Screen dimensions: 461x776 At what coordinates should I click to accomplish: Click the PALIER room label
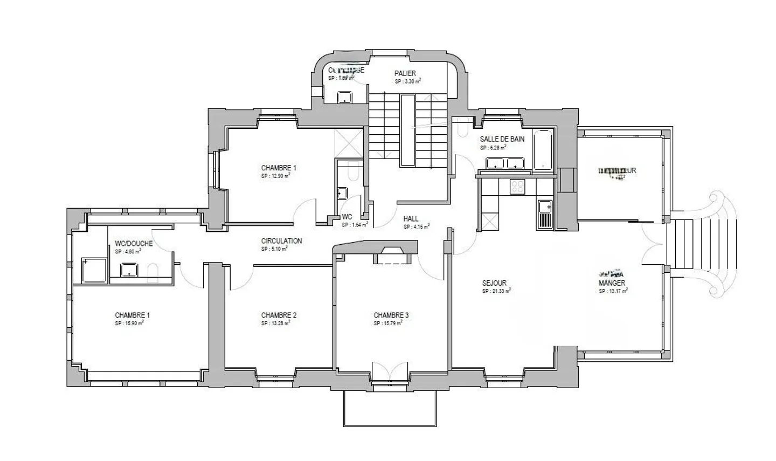405,73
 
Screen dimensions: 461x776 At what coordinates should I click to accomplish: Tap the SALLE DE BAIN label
502,139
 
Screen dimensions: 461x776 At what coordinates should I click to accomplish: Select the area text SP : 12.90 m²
276,175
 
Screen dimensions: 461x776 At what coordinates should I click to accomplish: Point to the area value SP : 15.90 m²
129,324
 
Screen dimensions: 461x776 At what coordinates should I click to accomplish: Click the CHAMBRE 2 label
279,315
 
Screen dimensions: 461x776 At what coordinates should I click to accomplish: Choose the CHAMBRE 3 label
391,315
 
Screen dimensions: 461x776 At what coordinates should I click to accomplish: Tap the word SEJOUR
494,283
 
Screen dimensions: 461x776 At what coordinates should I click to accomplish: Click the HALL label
411,219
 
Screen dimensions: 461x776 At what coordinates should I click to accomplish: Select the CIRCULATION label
281,241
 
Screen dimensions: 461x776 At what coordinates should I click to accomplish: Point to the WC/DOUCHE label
134,244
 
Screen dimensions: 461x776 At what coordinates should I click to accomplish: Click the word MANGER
612,283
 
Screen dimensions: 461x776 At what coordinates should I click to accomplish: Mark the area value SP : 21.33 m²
496,291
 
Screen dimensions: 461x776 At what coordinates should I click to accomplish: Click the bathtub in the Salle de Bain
543,150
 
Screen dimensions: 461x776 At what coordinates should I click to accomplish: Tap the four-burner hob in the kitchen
517,187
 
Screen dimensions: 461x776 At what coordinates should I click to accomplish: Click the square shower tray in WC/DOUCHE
94,270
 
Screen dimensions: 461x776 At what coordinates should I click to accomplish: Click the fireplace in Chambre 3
393,256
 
